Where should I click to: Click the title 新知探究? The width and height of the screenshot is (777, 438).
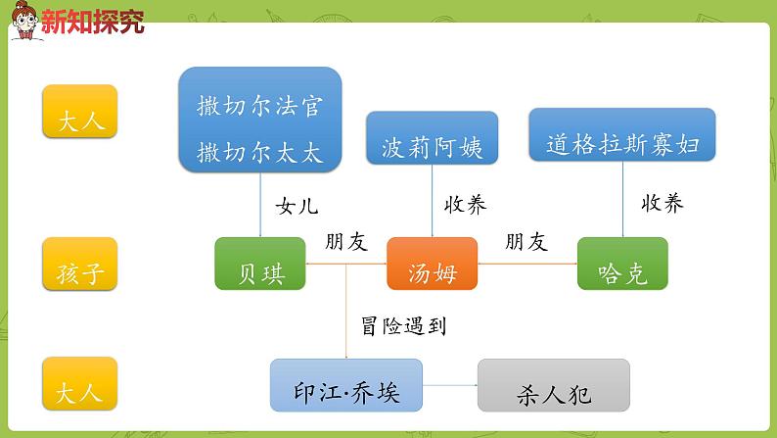(93, 23)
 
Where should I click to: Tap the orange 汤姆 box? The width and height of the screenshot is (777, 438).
(432, 264)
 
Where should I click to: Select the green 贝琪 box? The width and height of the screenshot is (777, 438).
(260, 264)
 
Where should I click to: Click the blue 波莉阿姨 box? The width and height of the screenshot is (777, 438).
(432, 137)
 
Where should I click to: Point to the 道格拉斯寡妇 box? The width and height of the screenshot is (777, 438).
(622, 134)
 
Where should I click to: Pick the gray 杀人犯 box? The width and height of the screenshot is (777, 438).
(553, 385)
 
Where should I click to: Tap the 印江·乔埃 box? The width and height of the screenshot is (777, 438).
(345, 385)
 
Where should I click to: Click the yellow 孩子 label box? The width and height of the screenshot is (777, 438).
(79, 264)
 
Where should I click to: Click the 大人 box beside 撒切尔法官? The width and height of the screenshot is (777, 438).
(79, 111)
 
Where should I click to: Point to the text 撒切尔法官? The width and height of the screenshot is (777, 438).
(259, 105)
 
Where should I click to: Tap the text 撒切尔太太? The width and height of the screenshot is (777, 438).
(259, 152)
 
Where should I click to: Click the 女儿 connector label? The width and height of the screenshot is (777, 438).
(297, 206)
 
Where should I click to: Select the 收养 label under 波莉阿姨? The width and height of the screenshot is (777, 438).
(465, 204)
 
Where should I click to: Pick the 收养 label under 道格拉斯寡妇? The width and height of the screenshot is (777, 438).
(663, 203)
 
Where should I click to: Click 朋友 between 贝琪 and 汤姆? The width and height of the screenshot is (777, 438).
(345, 242)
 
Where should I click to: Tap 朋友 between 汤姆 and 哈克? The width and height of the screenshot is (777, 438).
(526, 242)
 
